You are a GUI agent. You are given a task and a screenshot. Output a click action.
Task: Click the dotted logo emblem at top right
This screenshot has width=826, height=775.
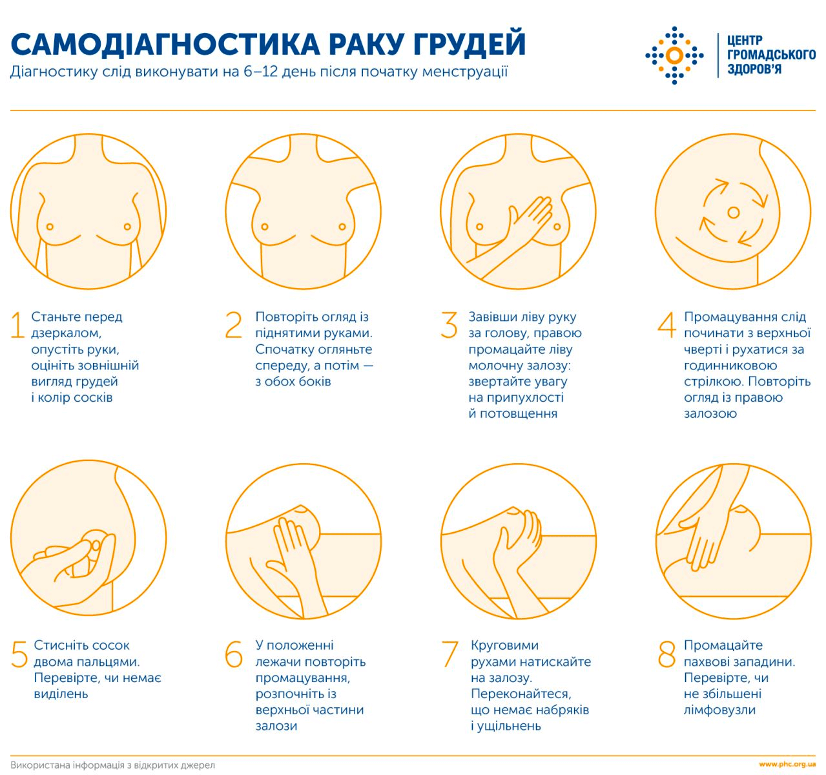[674, 56]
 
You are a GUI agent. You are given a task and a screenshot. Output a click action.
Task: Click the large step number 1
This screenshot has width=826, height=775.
[17, 325]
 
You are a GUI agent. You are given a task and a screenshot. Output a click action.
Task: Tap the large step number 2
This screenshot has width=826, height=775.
[233, 325]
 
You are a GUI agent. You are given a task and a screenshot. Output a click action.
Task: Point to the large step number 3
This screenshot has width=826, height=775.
[449, 325]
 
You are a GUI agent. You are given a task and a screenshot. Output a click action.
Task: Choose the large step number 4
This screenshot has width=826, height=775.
[666, 325]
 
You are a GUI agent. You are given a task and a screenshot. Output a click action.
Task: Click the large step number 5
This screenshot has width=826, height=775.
[19, 654]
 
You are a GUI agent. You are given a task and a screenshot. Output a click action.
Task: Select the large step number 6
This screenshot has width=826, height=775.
[234, 654]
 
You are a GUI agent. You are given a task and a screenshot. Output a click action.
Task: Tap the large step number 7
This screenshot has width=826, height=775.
[449, 654]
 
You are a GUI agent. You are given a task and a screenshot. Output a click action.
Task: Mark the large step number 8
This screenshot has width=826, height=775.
[666, 654]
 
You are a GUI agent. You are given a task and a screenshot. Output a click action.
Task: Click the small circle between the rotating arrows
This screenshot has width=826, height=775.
[733, 212]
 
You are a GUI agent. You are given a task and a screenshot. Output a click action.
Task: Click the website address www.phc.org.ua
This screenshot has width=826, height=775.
[787, 765]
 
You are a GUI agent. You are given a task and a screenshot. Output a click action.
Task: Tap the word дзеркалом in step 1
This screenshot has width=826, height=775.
[66, 333]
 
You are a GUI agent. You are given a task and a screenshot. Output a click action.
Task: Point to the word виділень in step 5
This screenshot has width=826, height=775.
[61, 694]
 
